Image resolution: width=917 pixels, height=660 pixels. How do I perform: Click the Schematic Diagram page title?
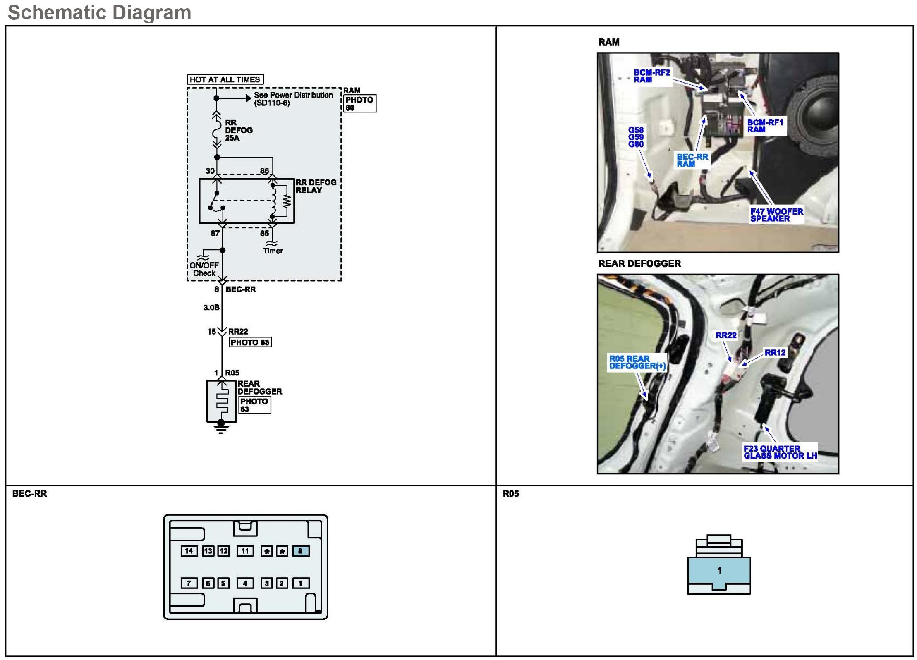[99, 12]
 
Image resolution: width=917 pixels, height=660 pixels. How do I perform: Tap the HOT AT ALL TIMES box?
[225, 79]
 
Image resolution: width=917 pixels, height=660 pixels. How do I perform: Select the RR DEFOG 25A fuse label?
[238, 130]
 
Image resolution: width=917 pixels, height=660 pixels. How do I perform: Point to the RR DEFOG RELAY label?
[316, 186]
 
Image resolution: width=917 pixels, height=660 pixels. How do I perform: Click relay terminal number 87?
[215, 233]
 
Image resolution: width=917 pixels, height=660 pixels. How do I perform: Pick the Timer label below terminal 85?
[273, 251]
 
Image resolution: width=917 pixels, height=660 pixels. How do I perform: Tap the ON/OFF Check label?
[204, 269]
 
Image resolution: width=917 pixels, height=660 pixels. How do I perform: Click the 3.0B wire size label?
[211, 307]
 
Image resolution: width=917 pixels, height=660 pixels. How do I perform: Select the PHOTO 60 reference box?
[359, 103]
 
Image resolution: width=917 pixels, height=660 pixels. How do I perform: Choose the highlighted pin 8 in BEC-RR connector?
[301, 551]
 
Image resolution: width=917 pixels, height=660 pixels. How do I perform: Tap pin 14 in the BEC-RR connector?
[189, 551]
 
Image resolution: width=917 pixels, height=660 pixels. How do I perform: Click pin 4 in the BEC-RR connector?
[245, 583]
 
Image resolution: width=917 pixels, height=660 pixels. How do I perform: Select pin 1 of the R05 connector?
[719, 571]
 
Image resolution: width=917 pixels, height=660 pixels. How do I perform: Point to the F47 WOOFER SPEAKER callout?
[776, 215]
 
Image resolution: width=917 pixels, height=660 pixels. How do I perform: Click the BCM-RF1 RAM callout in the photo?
[765, 126]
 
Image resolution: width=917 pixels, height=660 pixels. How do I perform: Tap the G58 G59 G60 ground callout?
[636, 137]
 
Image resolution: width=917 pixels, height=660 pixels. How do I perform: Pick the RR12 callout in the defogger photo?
[775, 353]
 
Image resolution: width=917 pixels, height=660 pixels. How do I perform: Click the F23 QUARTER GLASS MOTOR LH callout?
[780, 452]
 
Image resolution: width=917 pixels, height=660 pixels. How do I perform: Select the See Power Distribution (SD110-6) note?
[293, 99]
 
